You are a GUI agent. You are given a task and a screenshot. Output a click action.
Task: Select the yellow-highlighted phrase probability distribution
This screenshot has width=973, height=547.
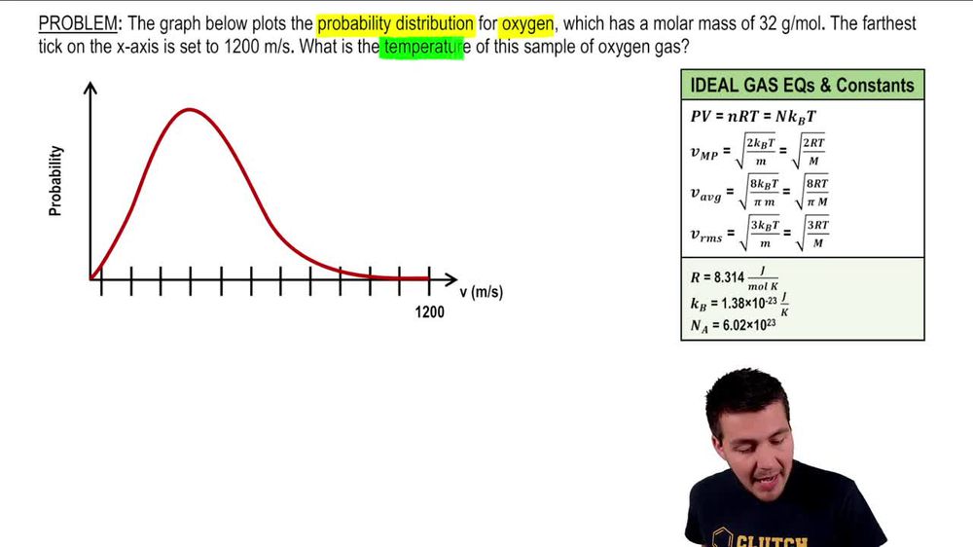[395, 22]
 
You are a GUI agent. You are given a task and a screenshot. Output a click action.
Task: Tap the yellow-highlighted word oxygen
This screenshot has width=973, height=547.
[526, 22]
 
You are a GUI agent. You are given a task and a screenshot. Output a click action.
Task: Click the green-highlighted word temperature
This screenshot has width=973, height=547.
[420, 46]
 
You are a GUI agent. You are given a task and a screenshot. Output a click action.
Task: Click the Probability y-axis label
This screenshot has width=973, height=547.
[55, 180]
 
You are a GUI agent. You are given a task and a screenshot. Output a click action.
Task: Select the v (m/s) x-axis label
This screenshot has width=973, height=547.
[481, 292]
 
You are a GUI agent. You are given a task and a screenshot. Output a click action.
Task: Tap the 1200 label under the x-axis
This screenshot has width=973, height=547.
[429, 312]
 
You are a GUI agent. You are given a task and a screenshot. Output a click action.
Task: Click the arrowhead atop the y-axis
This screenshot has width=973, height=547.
[90, 88]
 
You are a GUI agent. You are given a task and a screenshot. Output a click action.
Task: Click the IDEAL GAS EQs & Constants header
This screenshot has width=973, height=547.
[802, 85]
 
